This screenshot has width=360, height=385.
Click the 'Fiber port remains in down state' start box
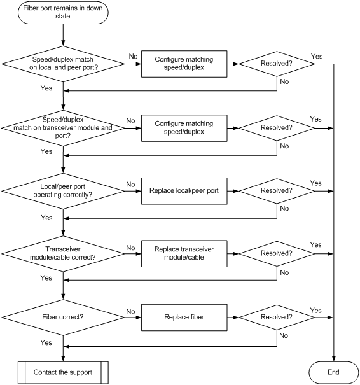point(63,12)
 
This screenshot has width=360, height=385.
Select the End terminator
point(333,372)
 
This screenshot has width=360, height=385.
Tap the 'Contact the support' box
point(63,372)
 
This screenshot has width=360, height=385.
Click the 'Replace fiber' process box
point(184,318)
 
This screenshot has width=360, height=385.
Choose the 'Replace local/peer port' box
point(184,191)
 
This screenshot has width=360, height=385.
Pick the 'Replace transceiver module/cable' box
point(184,253)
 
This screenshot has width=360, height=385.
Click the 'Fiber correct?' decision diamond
point(63,318)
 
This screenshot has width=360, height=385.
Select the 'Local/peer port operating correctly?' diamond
point(63,191)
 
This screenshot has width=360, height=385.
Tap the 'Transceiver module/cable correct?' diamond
point(63,254)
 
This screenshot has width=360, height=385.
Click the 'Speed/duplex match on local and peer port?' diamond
point(63,64)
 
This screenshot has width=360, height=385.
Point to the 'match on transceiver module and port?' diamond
point(63,128)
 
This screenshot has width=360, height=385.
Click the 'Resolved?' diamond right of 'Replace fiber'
point(277,318)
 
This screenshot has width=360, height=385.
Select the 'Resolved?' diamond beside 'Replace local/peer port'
point(277,191)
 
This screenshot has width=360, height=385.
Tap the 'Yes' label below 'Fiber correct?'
point(46,342)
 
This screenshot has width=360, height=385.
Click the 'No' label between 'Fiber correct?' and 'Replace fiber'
point(130,311)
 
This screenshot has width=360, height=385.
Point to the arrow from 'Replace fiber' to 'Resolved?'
point(233,318)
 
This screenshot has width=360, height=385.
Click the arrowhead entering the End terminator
point(333,359)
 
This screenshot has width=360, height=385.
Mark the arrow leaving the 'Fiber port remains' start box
point(63,35)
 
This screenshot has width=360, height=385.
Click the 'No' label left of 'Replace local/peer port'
point(130,185)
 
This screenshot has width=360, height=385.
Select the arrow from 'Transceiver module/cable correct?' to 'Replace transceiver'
point(133,254)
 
